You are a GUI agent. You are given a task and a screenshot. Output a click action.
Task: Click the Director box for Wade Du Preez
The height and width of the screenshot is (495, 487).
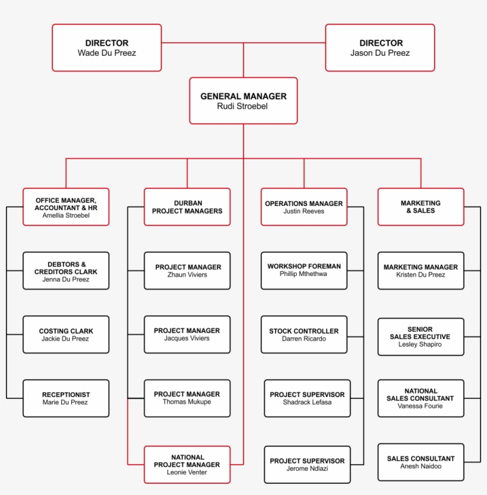[107, 47]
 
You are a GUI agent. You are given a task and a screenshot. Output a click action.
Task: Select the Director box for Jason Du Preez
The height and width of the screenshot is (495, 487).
[380, 47]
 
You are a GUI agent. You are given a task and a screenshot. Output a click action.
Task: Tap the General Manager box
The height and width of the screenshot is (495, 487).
[243, 100]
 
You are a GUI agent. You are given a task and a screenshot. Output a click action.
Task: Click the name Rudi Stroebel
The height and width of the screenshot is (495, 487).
[243, 106]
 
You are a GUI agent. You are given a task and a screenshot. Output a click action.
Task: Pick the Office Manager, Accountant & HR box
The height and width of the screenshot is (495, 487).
[66, 207]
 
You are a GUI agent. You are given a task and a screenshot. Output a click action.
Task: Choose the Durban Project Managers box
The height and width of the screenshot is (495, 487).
[187, 207]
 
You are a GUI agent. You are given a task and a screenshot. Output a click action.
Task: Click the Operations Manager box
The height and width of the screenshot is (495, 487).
[304, 207]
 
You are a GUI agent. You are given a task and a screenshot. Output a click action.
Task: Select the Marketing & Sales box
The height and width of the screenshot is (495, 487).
[421, 207]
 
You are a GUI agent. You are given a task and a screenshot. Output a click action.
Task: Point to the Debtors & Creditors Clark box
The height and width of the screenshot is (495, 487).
[66, 271]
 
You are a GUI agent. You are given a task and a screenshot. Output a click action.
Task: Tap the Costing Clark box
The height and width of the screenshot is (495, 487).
[66, 335]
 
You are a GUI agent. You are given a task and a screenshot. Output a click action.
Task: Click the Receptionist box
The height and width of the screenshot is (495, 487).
[66, 398]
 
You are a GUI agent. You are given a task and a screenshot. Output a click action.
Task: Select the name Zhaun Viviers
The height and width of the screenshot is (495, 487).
[187, 275]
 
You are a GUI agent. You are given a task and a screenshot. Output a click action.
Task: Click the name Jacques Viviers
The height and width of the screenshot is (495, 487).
[187, 339]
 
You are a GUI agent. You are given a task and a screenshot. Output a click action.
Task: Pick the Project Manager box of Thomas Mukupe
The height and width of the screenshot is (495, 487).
[187, 398]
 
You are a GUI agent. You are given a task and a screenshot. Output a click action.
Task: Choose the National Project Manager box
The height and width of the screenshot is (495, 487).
[187, 465]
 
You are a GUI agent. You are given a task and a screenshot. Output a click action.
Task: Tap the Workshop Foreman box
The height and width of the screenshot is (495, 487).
[304, 271]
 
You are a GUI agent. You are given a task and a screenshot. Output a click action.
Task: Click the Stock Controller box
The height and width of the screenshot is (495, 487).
[304, 335]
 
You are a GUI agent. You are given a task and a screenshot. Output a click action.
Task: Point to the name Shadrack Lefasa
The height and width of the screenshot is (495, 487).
[307, 402]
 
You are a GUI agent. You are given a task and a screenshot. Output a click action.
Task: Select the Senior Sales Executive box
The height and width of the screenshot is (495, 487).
[421, 337]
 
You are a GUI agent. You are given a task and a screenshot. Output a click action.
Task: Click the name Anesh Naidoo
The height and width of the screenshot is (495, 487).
[421, 467]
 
